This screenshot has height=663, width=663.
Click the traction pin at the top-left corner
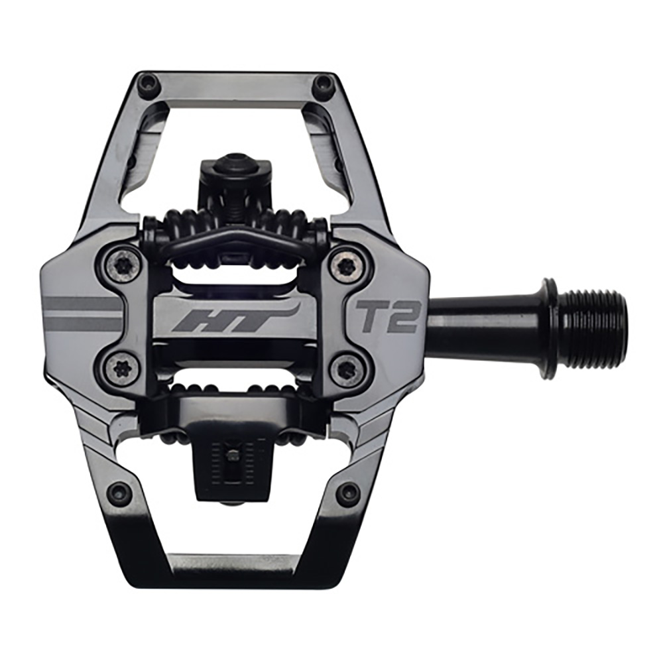pos(147,84)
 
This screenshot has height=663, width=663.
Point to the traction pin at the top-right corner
pos(324,84)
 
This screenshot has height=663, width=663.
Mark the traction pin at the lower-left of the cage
pos(120,492)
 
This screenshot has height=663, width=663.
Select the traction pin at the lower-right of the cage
pos(347,493)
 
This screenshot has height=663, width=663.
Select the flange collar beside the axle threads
pos(550,327)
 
